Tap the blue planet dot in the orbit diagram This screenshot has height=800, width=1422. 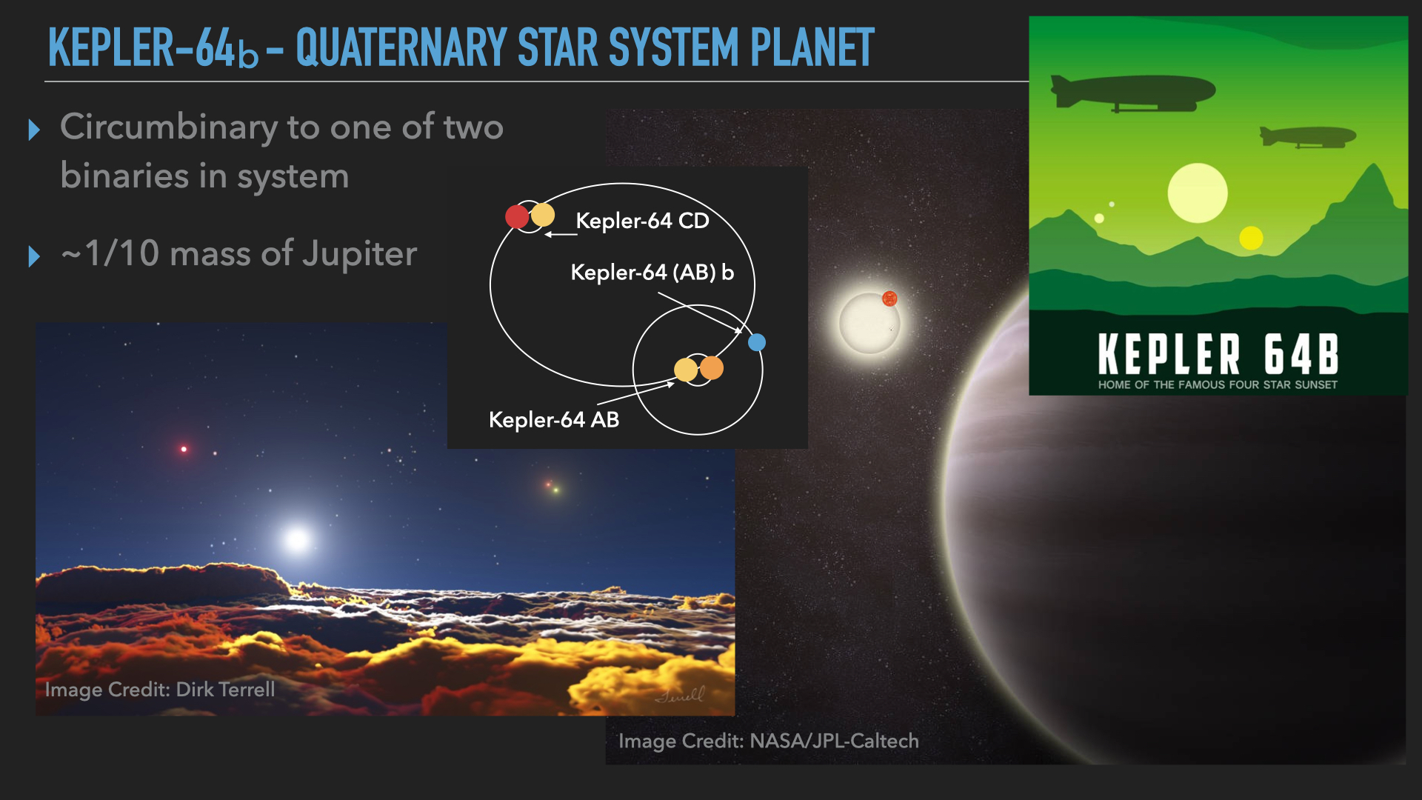756,342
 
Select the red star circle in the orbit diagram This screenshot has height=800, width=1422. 517,217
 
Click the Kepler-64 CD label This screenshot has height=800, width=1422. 642,221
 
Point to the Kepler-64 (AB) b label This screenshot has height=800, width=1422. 652,273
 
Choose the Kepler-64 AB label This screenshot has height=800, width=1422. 554,420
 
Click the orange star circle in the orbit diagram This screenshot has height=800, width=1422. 711,368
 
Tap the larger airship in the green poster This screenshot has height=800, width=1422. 1132,93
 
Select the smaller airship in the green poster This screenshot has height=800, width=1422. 1307,136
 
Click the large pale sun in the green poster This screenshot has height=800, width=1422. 1197,193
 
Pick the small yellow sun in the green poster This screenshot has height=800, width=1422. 1251,238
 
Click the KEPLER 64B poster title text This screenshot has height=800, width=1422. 1218,354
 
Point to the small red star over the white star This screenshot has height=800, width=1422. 889,299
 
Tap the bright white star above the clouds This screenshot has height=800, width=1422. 297,539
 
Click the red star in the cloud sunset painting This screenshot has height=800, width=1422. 184,449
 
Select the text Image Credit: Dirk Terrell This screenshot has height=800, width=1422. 160,690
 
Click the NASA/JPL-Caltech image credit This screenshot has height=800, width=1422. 769,741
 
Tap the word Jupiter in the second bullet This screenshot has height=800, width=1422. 360,254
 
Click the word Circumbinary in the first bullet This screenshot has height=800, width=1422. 169,127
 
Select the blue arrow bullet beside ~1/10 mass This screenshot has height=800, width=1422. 34,256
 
